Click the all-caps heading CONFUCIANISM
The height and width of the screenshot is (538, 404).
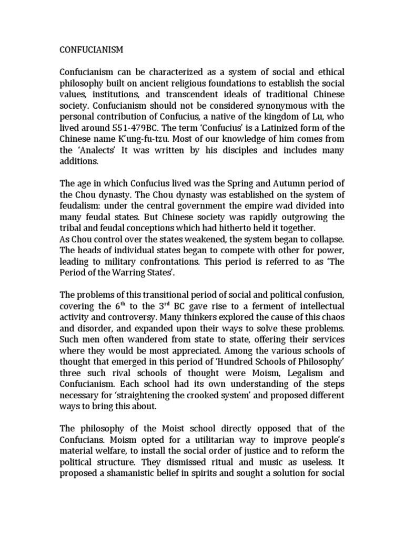coord(90,50)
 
